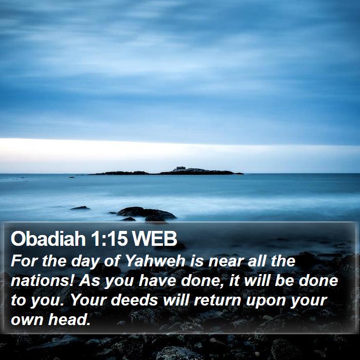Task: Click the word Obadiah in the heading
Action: tap(48, 238)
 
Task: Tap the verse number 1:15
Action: tap(109, 238)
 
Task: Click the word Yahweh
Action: tap(155, 261)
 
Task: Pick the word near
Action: tap(225, 261)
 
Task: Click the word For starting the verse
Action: tap(24, 261)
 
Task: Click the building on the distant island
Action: tap(181, 168)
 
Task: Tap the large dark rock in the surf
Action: tap(147, 213)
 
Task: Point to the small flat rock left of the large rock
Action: tap(80, 208)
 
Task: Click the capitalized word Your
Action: tap(88, 300)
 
